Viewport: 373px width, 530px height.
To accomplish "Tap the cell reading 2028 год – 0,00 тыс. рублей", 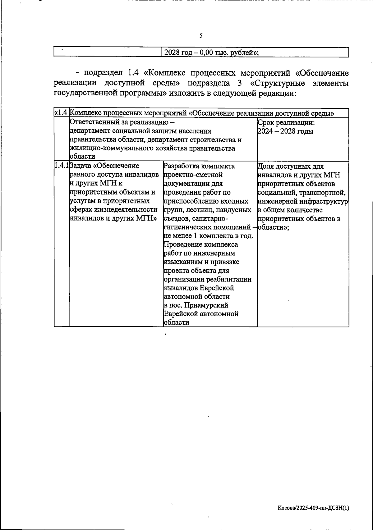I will pos(211,53).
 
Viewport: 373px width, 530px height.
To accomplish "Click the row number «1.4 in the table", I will pos(61,113).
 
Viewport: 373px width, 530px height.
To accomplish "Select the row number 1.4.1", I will pos(62,166).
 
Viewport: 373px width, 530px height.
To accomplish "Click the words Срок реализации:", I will pos(286,123).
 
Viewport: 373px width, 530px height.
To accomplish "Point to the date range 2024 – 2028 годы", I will pos(285,131).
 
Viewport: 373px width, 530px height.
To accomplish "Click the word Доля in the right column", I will pos(266,166).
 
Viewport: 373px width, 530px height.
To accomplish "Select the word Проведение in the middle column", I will pos(181,244).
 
